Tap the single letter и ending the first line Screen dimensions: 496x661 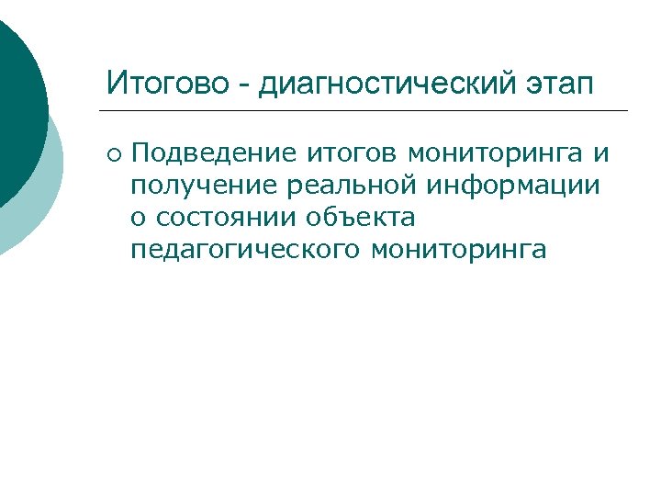pyautogui.click(x=602, y=152)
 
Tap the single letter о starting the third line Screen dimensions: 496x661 pyautogui.click(x=139, y=218)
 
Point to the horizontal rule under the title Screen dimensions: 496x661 pyautogui.click(x=367, y=110)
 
